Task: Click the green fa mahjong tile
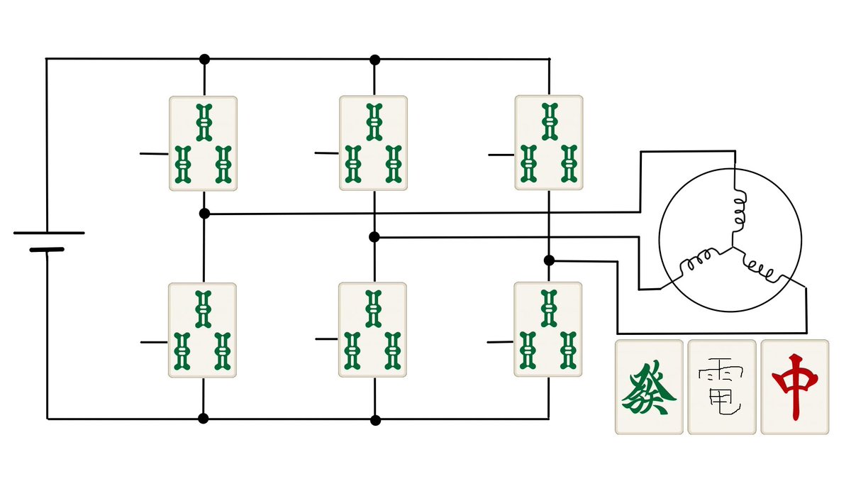tap(649, 387)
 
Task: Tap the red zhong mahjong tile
tap(794, 387)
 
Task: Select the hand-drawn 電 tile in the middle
tap(721, 387)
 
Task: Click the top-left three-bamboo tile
tap(203, 143)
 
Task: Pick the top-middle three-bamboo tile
tap(373, 143)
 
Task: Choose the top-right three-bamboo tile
tap(548, 143)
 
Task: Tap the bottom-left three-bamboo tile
tap(202, 330)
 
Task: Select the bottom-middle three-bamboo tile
tap(372, 330)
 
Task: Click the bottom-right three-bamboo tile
tap(547, 329)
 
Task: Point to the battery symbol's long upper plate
tap(48, 233)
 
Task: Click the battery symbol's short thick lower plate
tap(46, 250)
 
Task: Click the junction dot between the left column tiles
tap(204, 213)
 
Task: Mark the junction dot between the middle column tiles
tap(374, 237)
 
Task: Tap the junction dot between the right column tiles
tap(549, 260)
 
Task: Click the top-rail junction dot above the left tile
tap(204, 58)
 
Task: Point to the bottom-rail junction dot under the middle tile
tap(375, 419)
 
